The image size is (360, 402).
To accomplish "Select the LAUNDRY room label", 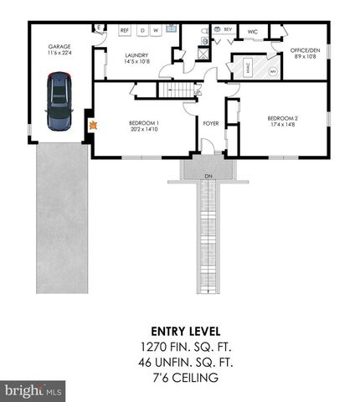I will coord(136,56).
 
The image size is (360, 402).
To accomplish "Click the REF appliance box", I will coord(125,30).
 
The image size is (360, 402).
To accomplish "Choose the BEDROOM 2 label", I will coord(281,118).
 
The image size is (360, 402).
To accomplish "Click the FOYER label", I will coord(210,123).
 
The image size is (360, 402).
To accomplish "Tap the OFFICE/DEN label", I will coord(306,50).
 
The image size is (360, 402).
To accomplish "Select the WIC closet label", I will coord(252,32).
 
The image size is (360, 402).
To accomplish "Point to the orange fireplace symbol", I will coord(94,126).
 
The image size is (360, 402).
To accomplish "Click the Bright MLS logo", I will coord(33,390).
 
